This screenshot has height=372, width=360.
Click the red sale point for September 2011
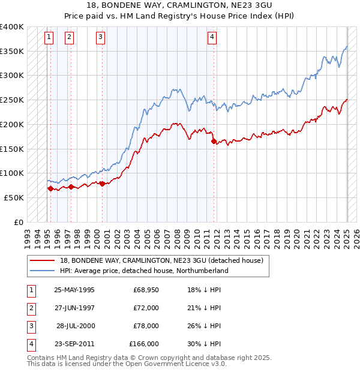click(214, 142)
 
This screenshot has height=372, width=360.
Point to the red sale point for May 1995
click(50, 188)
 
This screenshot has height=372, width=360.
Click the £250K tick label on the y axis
click(12, 100)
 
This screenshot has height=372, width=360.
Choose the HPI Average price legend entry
click(144, 271)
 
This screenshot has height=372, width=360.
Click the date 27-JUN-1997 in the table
click(74, 308)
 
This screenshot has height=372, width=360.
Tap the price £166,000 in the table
click(144, 344)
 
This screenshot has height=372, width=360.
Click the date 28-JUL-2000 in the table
click(76, 326)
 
